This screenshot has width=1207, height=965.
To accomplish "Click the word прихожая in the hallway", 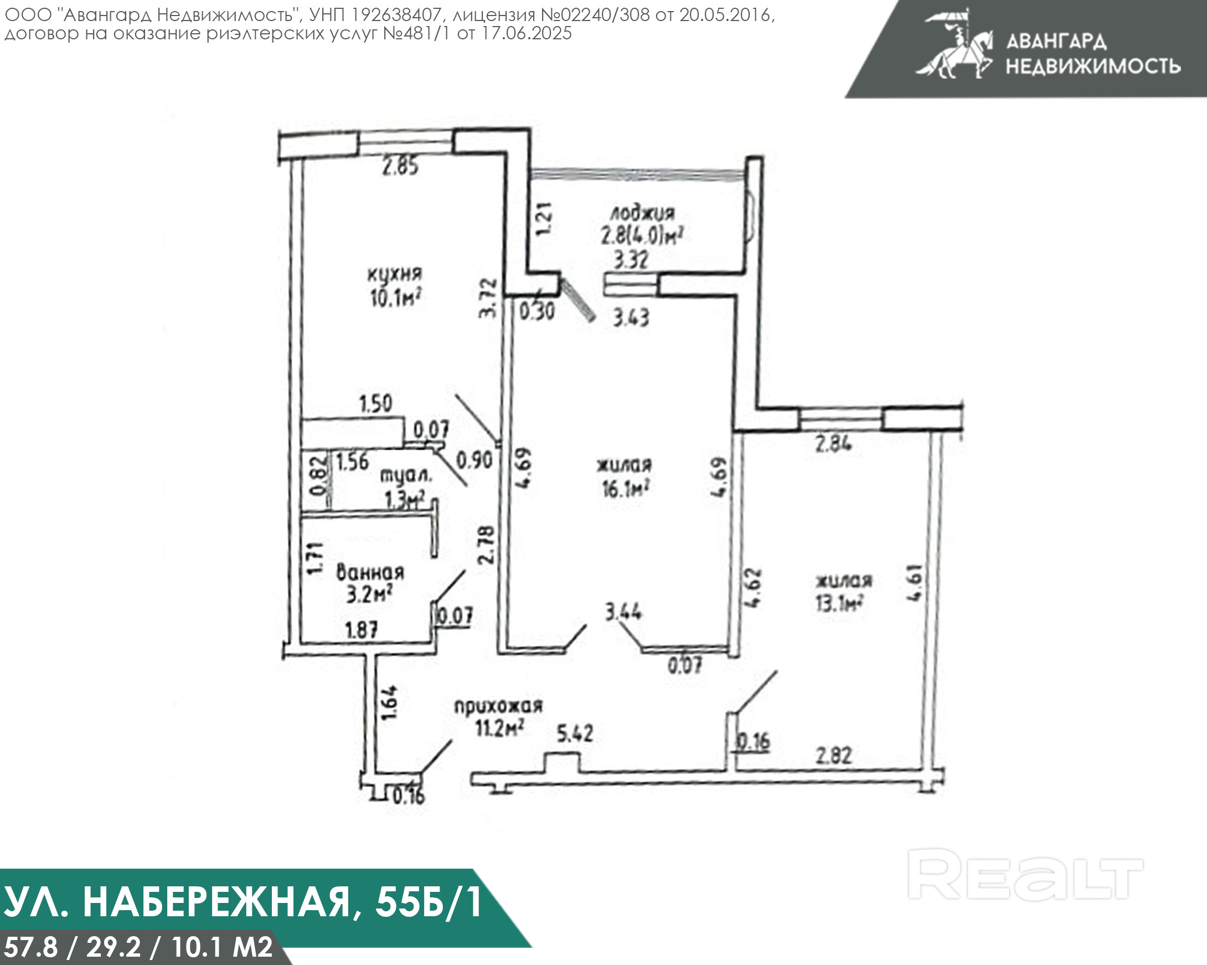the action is pyautogui.click(x=498, y=706).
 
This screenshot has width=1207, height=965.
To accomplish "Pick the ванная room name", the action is pyautogui.click(x=370, y=572).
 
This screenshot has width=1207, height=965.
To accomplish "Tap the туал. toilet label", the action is pyautogui.click(x=406, y=475).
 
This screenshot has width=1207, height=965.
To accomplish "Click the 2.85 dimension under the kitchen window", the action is pyautogui.click(x=400, y=166).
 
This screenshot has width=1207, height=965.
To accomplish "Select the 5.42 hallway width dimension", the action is pyautogui.click(x=575, y=733).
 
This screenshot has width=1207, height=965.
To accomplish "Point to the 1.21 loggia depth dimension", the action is pyautogui.click(x=544, y=218).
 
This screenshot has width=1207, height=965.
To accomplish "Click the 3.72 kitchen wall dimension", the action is pyautogui.click(x=488, y=298).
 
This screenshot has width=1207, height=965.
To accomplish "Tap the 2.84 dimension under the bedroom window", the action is pyautogui.click(x=834, y=444).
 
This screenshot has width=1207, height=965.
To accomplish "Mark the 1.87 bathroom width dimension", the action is pyautogui.click(x=362, y=630).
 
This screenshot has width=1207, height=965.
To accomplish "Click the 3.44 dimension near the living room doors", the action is pyautogui.click(x=623, y=612).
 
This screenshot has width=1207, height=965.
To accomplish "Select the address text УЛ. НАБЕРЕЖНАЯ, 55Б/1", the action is pyautogui.click(x=243, y=902).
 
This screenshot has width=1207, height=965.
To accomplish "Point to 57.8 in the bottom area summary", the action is pyautogui.click(x=31, y=947).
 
